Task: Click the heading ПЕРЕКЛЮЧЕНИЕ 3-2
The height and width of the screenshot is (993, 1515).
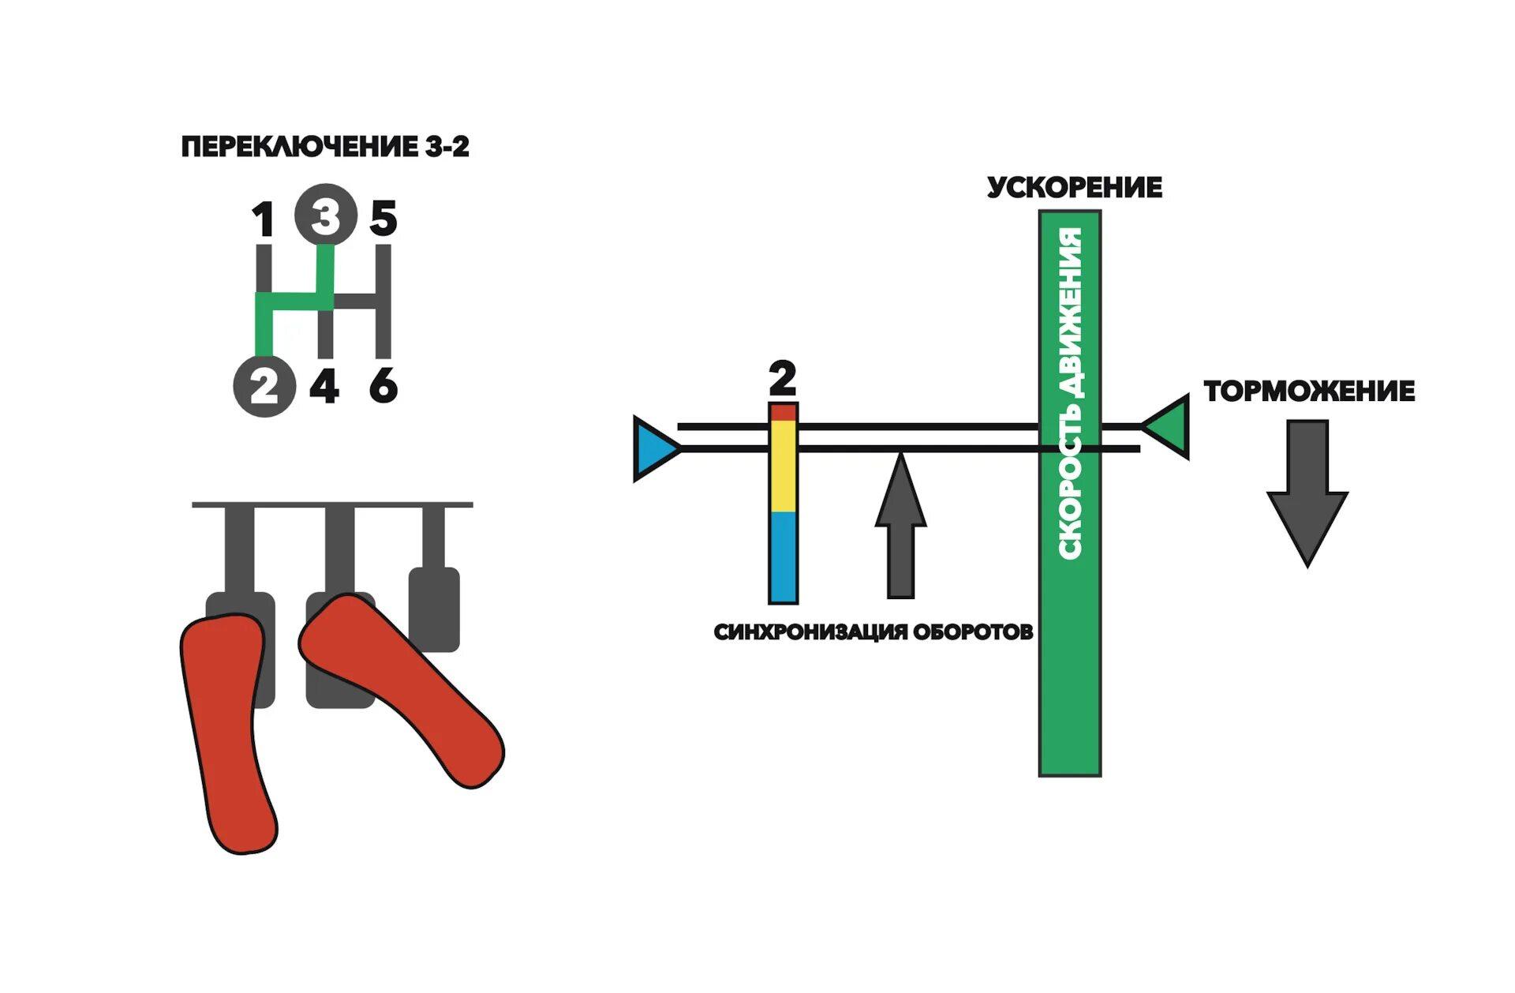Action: tap(325, 147)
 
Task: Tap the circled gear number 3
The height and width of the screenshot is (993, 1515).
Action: tap(325, 215)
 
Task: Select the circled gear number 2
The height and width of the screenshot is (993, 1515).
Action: tap(264, 387)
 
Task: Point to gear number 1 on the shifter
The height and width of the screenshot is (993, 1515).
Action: tap(264, 219)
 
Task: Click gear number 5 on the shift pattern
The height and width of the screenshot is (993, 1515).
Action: tap(383, 219)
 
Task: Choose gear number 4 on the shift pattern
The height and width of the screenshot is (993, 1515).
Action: tap(324, 387)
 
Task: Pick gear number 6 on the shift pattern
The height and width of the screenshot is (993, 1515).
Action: tap(383, 387)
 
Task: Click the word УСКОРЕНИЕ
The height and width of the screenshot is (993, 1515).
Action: tap(1074, 188)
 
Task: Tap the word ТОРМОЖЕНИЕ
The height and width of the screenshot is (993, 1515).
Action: tap(1309, 392)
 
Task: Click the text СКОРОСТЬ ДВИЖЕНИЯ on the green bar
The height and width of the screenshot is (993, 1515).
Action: tap(1070, 395)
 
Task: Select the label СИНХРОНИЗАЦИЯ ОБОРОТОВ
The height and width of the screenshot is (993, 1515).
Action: tap(873, 632)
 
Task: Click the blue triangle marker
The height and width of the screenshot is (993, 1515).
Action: tap(654, 448)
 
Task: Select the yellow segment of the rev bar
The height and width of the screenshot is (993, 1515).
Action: tap(784, 466)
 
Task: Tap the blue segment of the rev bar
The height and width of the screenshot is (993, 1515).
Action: tap(784, 556)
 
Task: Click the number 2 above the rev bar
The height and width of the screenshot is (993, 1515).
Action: tap(782, 379)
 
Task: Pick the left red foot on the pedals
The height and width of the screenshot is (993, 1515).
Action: tap(228, 734)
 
